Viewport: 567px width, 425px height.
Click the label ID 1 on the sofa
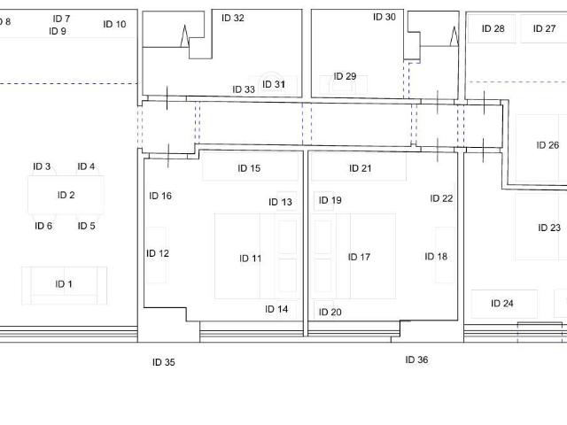coord(64,284)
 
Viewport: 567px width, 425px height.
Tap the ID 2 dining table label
coord(66,195)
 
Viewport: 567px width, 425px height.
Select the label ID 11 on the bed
coord(250,259)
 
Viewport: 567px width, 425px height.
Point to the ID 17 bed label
coord(359,257)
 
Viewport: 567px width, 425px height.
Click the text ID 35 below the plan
coord(164,362)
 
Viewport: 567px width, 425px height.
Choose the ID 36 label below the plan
coord(416,359)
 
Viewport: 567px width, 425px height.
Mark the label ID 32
coord(233,18)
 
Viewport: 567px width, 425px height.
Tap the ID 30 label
coord(384,17)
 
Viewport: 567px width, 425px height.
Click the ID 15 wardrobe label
coord(249,168)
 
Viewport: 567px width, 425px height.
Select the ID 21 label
coord(361,168)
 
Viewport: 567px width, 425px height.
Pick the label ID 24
coord(502,303)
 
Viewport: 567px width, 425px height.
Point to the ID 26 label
coord(548,145)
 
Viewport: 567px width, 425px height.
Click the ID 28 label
coord(493,28)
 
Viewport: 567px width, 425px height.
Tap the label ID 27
coord(544,28)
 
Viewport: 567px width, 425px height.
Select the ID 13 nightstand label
coord(280,202)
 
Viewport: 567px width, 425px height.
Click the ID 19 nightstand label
coord(330,200)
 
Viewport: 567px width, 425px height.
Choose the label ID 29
coord(345,76)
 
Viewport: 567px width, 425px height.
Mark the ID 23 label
coord(549,228)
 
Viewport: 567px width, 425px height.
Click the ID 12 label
coord(158,253)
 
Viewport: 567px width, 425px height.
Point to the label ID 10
coord(114,24)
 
